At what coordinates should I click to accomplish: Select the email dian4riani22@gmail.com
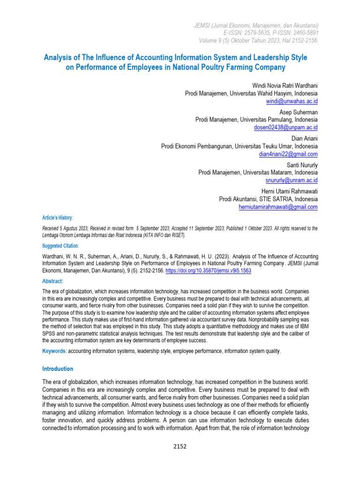pos(288,154)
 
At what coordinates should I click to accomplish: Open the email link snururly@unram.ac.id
pos(292,180)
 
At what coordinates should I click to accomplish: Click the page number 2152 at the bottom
pos(180,446)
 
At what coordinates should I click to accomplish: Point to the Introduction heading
pos(58,369)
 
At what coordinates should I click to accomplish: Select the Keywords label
pos(54,351)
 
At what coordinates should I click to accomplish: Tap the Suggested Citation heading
pos(60,246)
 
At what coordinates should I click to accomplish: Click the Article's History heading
pos(58,218)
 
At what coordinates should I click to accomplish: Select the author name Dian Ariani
pos(304,139)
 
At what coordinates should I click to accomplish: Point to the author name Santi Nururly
pos(302,165)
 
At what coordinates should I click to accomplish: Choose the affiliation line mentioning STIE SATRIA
pos(268,199)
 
